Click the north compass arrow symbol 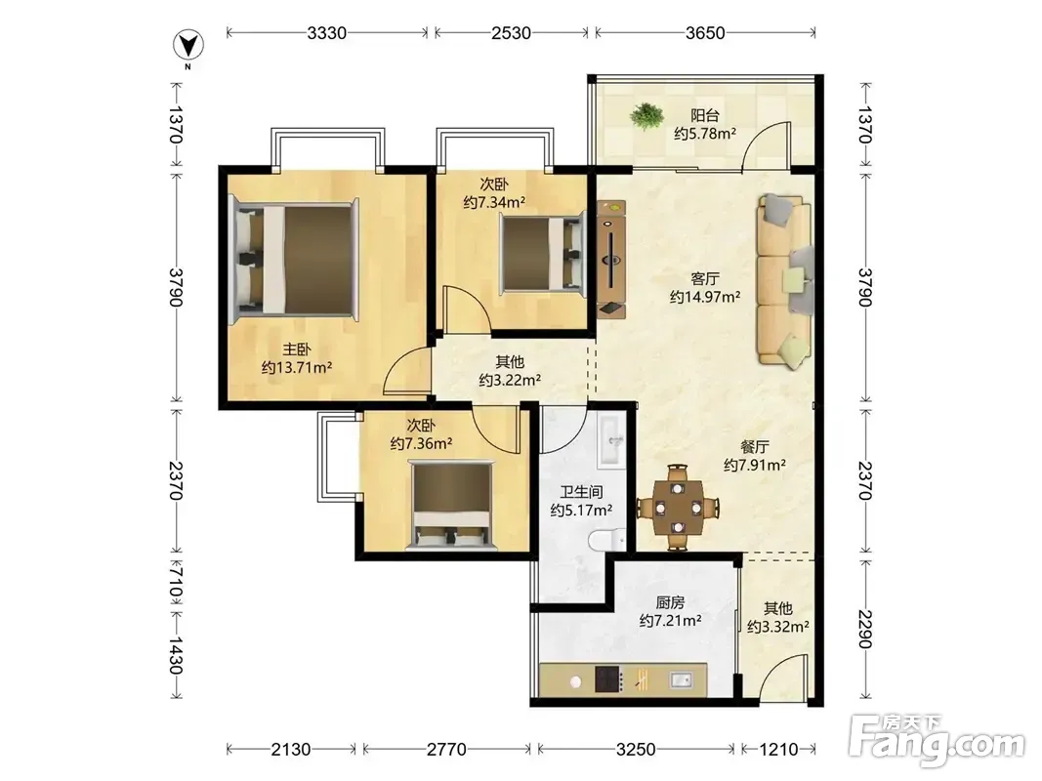pyautogui.click(x=188, y=46)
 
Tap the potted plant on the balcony pyautogui.click(x=646, y=115)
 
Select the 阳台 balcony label pyautogui.click(x=704, y=115)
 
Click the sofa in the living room pyautogui.click(x=785, y=280)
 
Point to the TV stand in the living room pyautogui.click(x=611, y=260)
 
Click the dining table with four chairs pyautogui.click(x=678, y=508)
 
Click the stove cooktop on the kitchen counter pyautogui.click(x=608, y=679)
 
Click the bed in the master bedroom pyautogui.click(x=293, y=260)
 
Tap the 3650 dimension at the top pyautogui.click(x=705, y=32)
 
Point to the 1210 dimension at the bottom pyautogui.click(x=778, y=750)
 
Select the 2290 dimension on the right pyautogui.click(x=864, y=629)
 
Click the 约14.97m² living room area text pyautogui.click(x=704, y=297)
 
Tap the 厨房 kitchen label pyautogui.click(x=670, y=602)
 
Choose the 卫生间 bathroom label pyautogui.click(x=581, y=492)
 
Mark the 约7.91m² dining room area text pyautogui.click(x=755, y=465)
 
